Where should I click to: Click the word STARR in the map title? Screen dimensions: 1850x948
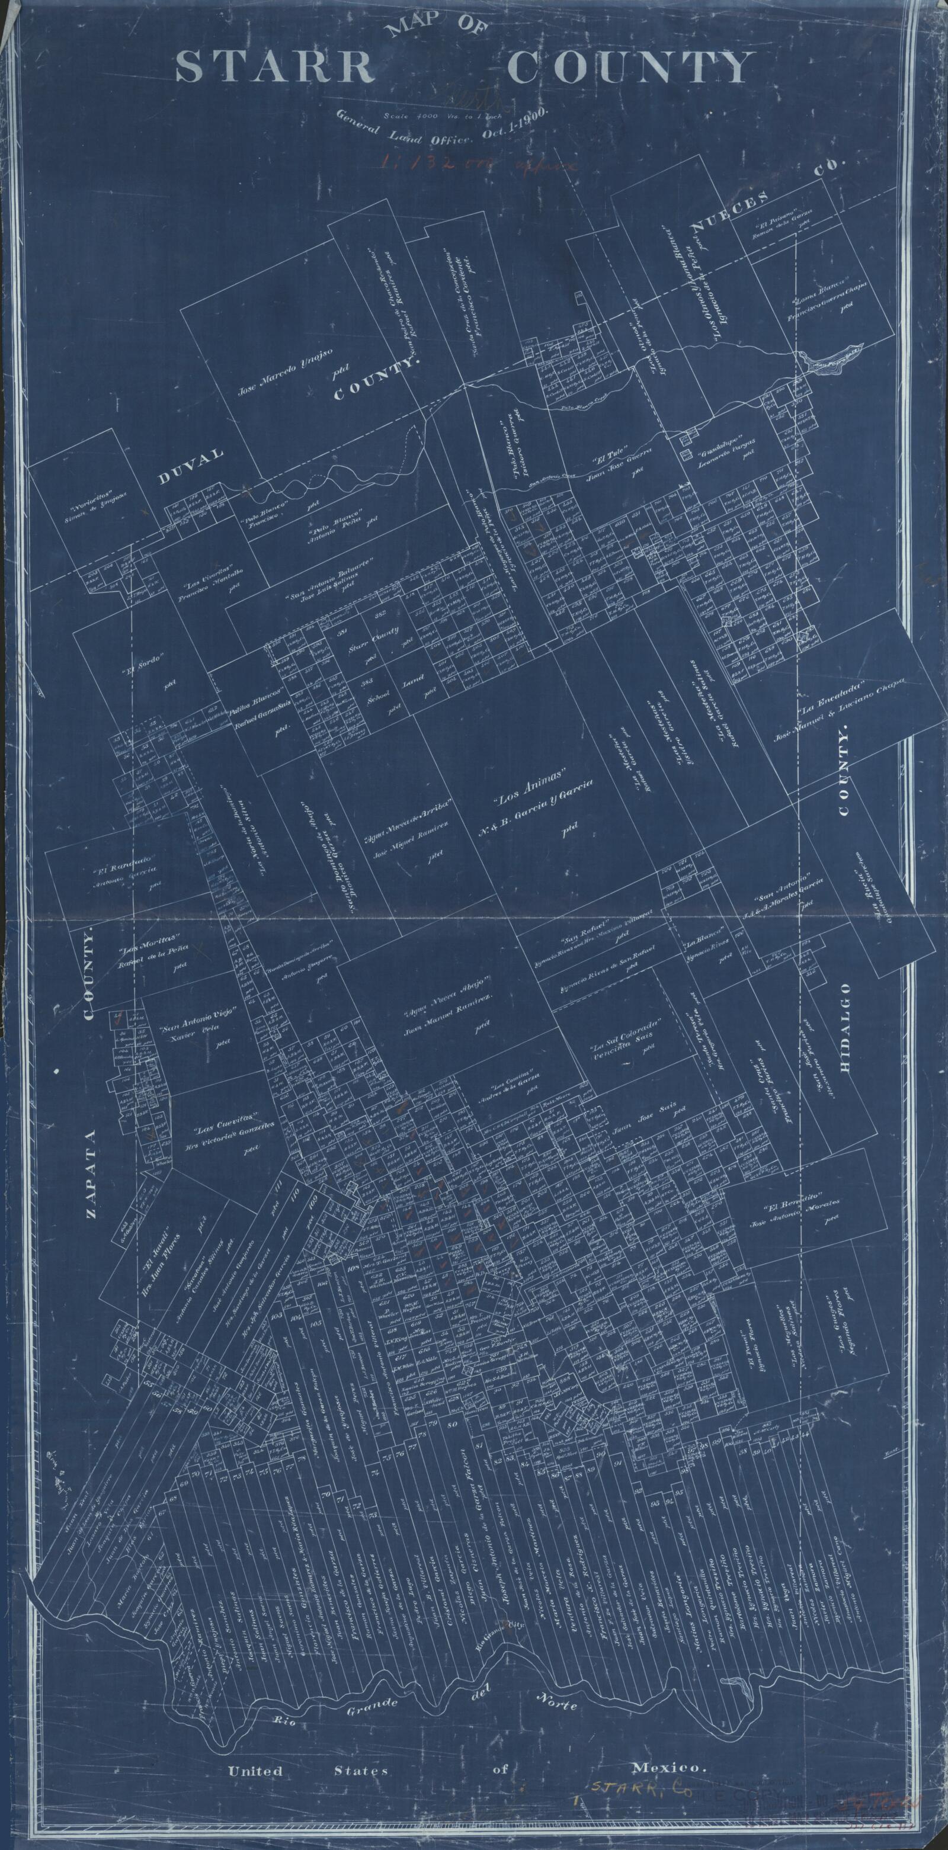(x=274, y=68)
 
